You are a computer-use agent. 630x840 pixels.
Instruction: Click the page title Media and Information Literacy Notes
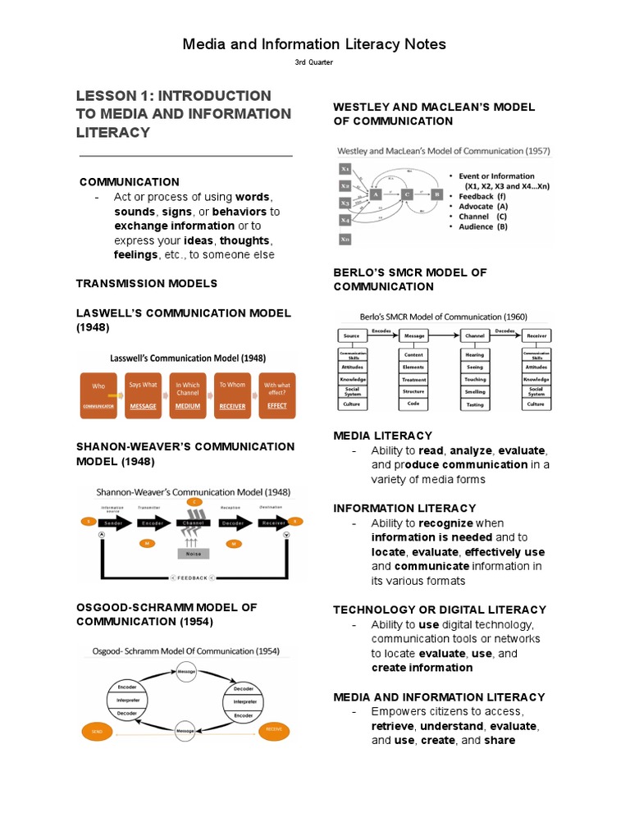pos(314,44)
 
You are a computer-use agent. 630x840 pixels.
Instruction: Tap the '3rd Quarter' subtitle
pos(314,62)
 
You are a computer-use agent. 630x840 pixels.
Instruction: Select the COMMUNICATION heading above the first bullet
pos(130,182)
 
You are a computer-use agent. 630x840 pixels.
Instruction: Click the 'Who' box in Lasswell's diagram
pos(98,395)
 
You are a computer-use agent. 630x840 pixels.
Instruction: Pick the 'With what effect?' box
pos(277,395)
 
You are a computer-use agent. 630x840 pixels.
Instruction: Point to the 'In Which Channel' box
pos(188,395)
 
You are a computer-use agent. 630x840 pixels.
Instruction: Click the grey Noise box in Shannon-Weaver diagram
pos(194,554)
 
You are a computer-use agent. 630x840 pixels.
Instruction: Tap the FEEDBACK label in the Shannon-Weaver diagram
pos(194,577)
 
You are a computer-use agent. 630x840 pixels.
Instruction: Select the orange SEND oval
pos(97,728)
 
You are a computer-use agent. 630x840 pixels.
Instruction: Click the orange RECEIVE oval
pos(276,728)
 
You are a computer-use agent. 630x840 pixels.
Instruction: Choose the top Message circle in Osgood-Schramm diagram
pos(186,670)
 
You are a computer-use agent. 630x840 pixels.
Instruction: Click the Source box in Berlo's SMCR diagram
pos(352,336)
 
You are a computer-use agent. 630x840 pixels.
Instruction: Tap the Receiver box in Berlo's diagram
pos(536,336)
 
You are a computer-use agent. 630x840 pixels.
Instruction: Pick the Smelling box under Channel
pos(475,392)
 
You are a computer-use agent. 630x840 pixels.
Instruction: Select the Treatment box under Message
pos(413,380)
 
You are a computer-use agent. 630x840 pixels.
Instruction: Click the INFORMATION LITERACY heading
pos(404,509)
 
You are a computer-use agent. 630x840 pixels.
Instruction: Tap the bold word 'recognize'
pos(445,523)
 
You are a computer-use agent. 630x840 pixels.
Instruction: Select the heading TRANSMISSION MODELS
pos(147,284)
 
